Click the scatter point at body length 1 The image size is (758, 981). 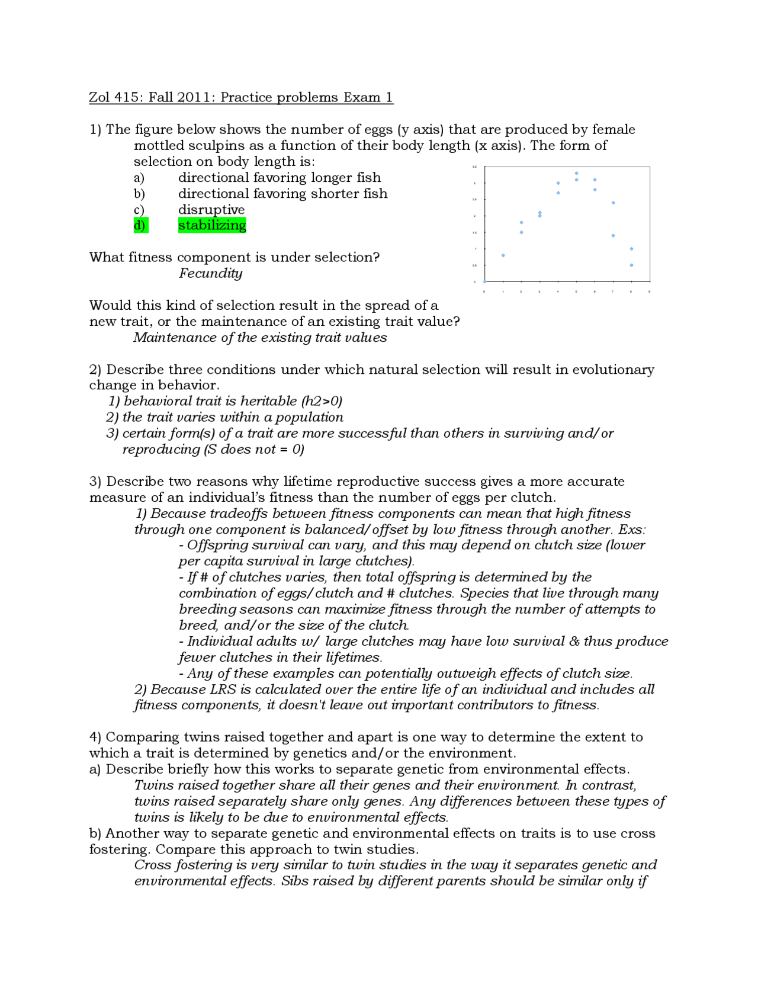503,255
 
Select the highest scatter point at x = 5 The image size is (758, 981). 576,174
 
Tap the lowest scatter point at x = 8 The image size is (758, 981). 631,265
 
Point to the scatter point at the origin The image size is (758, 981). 484,281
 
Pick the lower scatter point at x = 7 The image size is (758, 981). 613,236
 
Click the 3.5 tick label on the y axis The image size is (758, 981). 474,167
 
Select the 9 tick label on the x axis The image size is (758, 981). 650,291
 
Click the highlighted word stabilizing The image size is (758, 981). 212,225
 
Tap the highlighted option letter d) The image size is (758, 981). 140,225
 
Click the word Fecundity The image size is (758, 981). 210,273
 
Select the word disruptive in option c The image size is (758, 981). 211,210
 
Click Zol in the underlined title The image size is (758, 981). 99,97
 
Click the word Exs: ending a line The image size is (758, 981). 632,530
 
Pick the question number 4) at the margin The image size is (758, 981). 95,737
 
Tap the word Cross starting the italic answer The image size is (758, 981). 153,865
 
